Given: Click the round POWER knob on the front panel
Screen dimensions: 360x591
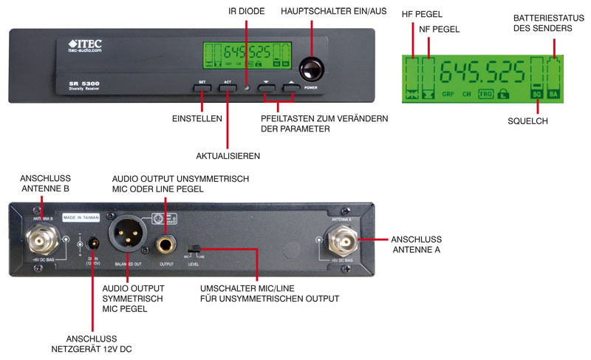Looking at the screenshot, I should click(x=312, y=69).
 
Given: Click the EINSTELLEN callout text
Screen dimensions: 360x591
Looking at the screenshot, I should click(x=197, y=119).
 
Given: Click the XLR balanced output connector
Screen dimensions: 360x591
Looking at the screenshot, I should click(x=127, y=237).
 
